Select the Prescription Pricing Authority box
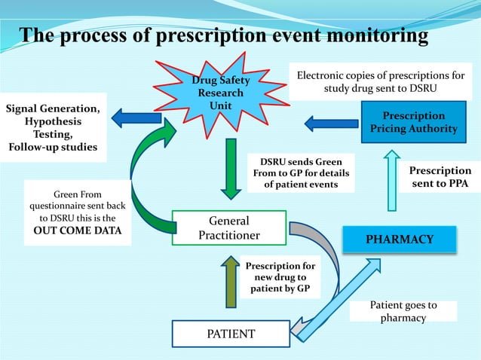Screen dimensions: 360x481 (x=413, y=122)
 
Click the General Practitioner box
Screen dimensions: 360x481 (x=229, y=228)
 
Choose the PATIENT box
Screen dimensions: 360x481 (x=231, y=333)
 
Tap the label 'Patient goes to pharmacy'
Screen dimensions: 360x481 (x=403, y=312)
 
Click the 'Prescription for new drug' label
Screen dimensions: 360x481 (x=280, y=278)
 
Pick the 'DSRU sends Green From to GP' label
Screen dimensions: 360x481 (x=301, y=173)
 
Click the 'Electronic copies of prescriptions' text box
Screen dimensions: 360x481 (x=381, y=82)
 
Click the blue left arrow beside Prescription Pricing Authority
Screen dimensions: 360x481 (x=331, y=122)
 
